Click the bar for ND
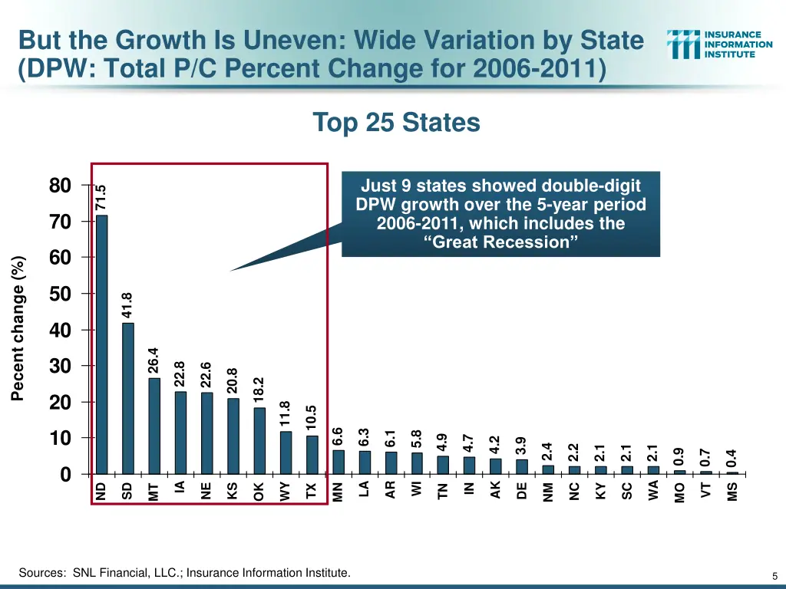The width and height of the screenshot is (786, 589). (x=101, y=345)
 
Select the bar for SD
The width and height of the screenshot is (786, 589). (x=127, y=399)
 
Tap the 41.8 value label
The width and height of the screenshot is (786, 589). (x=127, y=304)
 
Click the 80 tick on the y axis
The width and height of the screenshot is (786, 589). (x=60, y=186)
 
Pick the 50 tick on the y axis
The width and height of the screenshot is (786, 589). (x=60, y=294)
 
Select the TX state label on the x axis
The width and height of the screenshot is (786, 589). (x=311, y=491)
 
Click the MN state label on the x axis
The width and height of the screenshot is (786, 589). (x=338, y=492)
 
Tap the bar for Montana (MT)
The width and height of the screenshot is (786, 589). (x=154, y=426)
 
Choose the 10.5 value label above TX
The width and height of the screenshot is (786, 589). (x=311, y=418)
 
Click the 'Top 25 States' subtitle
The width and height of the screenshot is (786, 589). (x=396, y=123)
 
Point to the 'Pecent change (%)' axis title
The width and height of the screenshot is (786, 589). (x=18, y=328)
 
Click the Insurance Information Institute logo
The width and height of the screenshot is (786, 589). (x=719, y=44)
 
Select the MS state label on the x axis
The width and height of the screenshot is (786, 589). (x=732, y=492)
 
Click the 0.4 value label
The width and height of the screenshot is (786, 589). (x=732, y=459)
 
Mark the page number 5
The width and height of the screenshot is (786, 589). (x=775, y=576)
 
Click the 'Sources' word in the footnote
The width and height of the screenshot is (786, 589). (x=41, y=573)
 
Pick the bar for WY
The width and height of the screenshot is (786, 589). (x=285, y=453)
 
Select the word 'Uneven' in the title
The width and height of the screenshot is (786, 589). (x=272, y=40)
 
